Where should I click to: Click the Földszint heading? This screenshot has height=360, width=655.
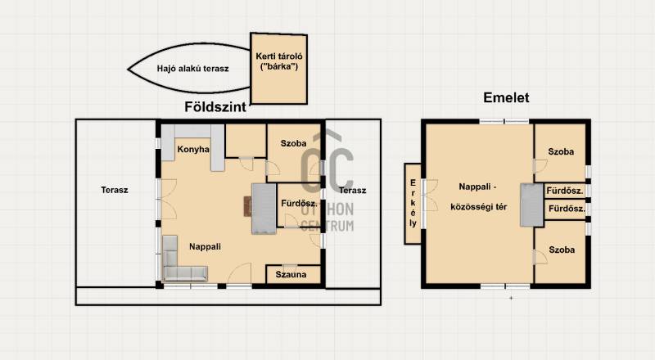[x=215, y=107]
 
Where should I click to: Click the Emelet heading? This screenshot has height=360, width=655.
[x=506, y=97]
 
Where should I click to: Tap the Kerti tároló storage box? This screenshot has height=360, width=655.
[x=278, y=69]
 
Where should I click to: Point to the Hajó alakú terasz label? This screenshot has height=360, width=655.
[x=192, y=69]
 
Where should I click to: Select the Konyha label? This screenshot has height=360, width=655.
[x=193, y=149]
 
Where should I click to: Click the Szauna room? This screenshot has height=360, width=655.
[x=293, y=274]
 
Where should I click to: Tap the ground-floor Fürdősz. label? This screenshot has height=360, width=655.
[x=299, y=204]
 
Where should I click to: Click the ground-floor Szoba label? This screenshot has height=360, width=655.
[x=293, y=143]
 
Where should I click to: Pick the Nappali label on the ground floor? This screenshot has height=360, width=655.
[x=205, y=246]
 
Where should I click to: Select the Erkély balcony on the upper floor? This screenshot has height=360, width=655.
[x=413, y=204]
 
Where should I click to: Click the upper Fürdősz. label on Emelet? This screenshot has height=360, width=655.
[x=565, y=191]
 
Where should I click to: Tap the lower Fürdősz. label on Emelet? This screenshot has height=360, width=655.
[x=567, y=209]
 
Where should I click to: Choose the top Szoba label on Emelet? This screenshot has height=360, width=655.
[x=561, y=151]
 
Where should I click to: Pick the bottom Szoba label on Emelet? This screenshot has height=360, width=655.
[x=562, y=250]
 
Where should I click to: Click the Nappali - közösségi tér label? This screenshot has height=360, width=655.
[x=478, y=196]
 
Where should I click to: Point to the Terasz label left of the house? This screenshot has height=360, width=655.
[x=115, y=190]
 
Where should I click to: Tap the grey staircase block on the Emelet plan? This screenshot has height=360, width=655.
[x=531, y=205]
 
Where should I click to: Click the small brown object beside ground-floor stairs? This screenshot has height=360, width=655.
[x=248, y=206]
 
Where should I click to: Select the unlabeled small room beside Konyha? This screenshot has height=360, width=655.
[x=246, y=141]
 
